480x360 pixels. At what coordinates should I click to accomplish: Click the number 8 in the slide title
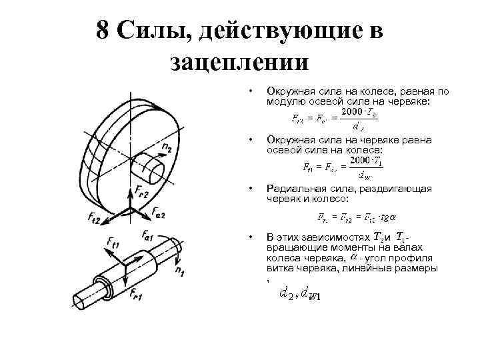(103, 31)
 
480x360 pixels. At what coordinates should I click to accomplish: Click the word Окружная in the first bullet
(289, 89)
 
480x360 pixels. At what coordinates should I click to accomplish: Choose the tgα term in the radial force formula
(386, 217)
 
